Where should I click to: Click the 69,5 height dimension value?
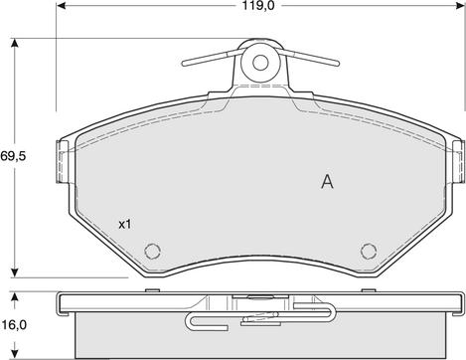(x=13, y=156)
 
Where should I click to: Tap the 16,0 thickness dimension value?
(x=14, y=325)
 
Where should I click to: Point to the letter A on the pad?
(x=327, y=182)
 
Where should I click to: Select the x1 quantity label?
(x=125, y=225)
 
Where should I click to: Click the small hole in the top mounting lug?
(x=260, y=63)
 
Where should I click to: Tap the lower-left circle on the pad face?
(x=153, y=251)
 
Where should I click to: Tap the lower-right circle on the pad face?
(x=369, y=251)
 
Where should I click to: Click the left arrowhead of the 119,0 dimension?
(x=62, y=5)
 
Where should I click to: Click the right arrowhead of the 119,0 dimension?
(x=460, y=5)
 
